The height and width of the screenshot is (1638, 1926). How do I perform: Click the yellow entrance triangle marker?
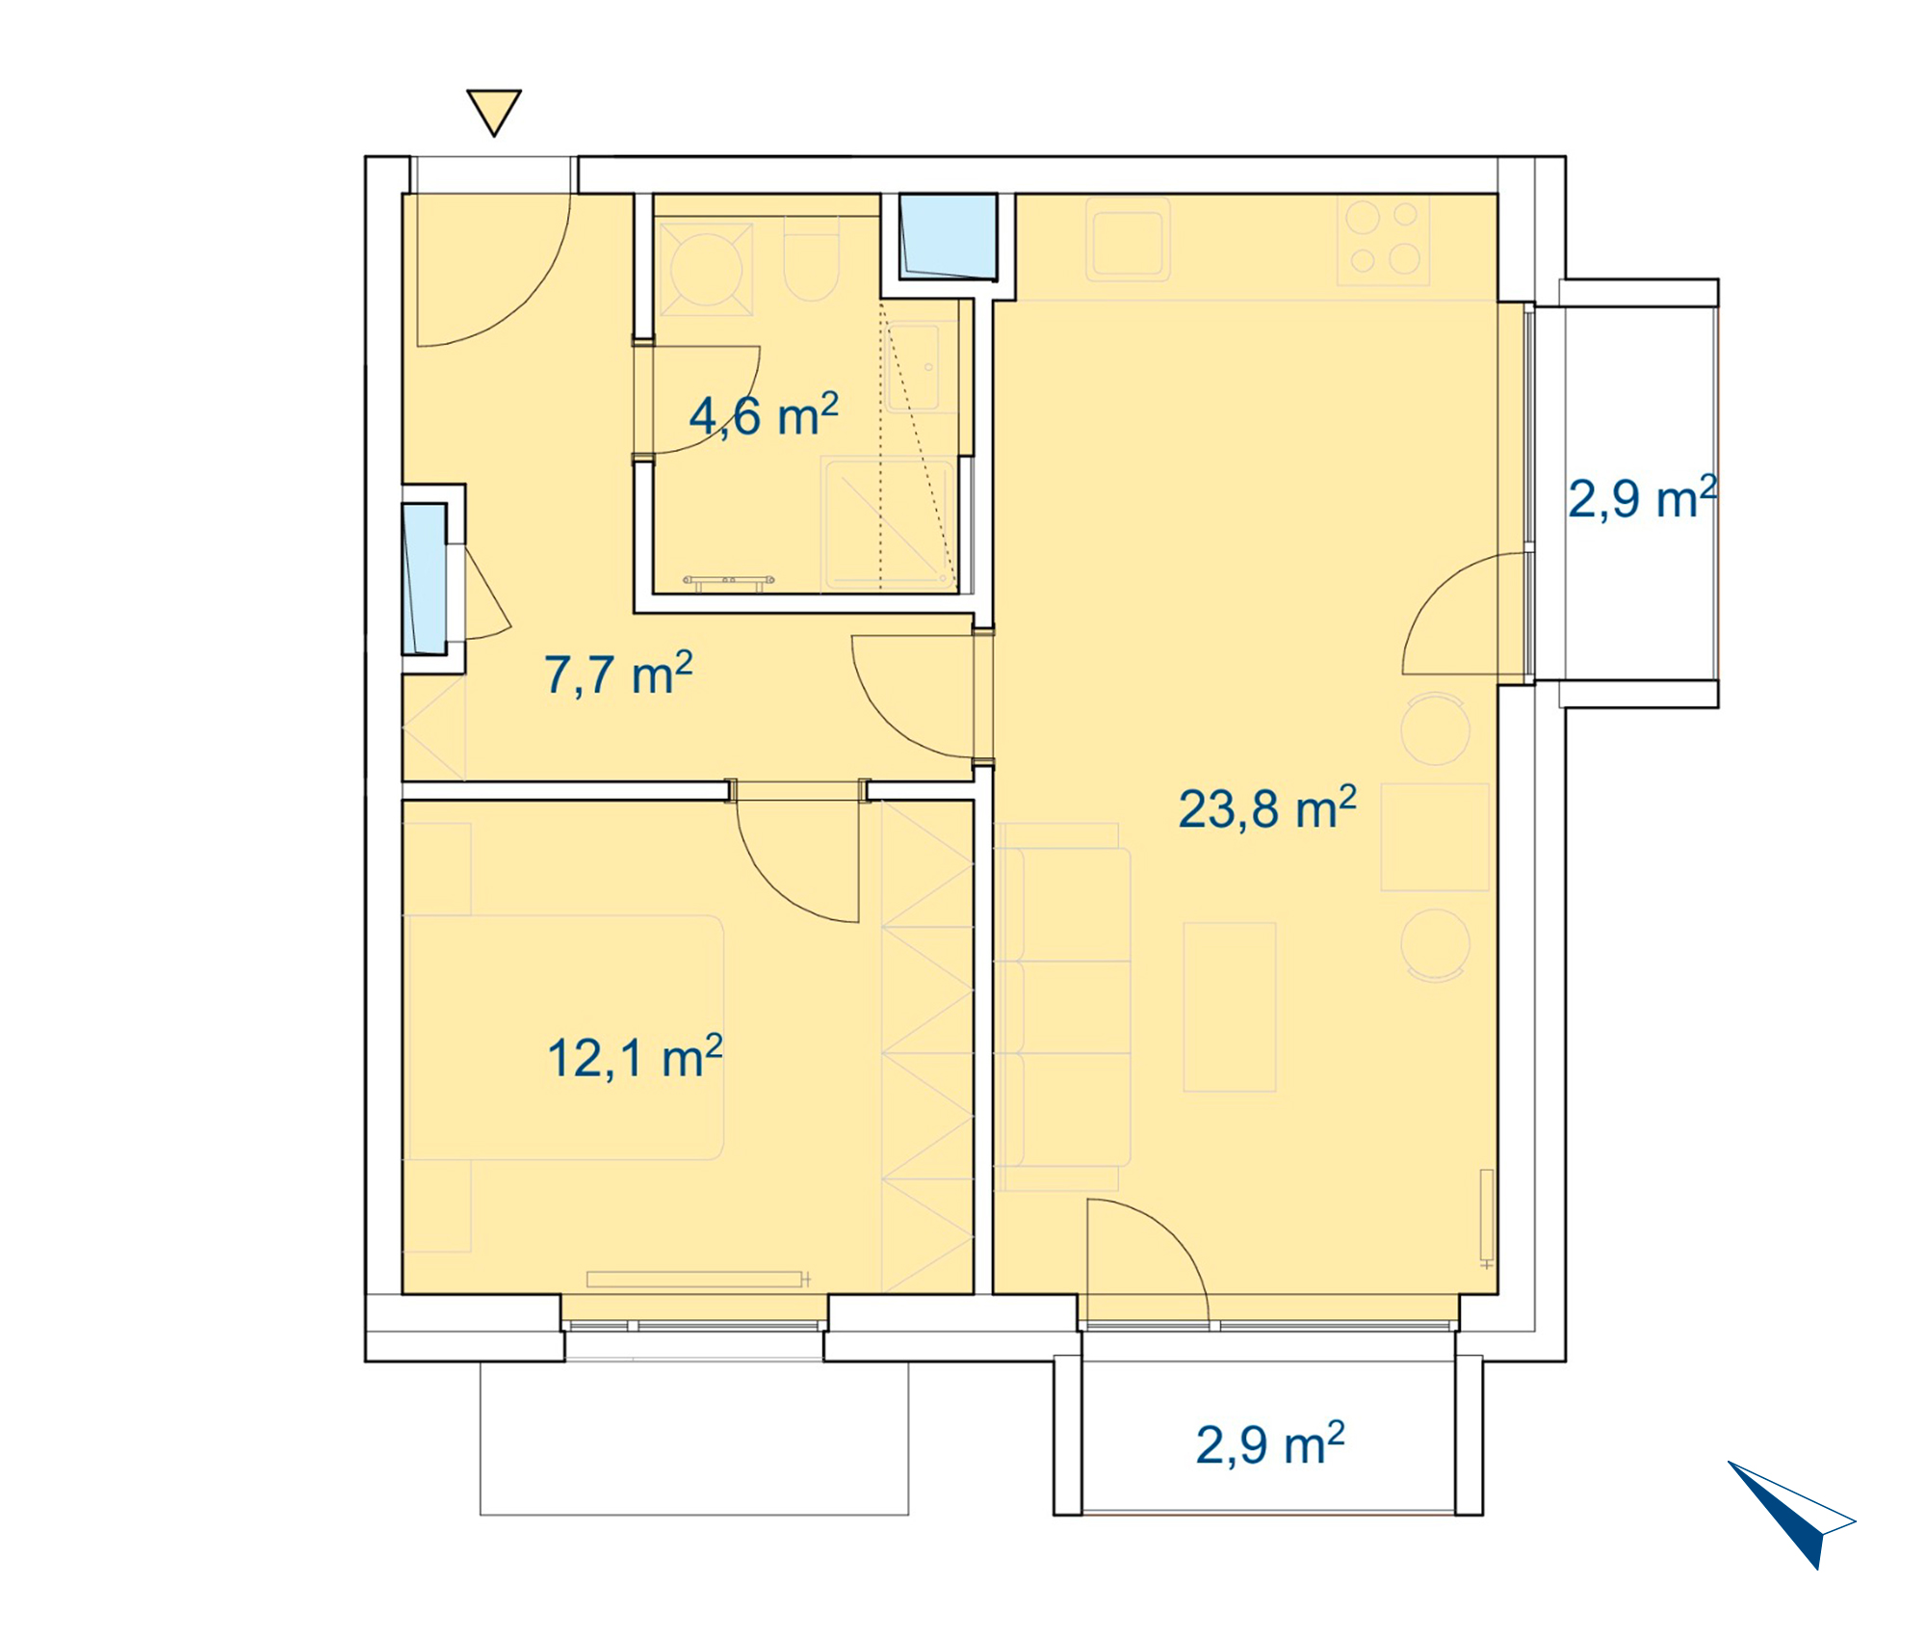(x=494, y=111)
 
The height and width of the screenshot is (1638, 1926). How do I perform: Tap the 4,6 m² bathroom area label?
(x=764, y=415)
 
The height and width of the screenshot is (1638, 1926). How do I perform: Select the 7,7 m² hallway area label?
(x=618, y=674)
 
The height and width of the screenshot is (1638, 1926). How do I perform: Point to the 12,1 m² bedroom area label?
(x=635, y=1057)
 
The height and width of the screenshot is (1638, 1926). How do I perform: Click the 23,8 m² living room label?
(x=1267, y=807)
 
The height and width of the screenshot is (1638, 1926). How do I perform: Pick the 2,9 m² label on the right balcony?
(x=1643, y=498)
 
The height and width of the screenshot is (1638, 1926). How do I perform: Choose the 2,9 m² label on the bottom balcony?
(x=1270, y=1444)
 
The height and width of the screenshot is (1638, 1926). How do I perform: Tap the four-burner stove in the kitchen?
(x=1384, y=240)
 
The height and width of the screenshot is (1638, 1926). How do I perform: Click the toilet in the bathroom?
(x=812, y=258)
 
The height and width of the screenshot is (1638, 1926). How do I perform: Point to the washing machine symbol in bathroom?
(x=706, y=269)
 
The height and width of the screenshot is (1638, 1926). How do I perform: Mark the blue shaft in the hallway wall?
(x=425, y=579)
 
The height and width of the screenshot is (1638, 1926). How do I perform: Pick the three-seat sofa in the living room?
(x=1062, y=1007)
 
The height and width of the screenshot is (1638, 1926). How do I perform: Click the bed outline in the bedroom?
(x=563, y=1038)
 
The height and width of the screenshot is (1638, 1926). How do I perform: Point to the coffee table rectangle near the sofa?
(x=1230, y=1007)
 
